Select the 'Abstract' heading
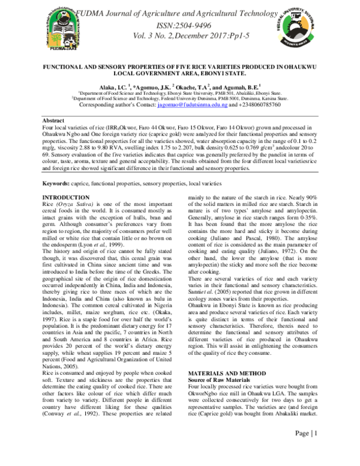click(54, 121)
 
